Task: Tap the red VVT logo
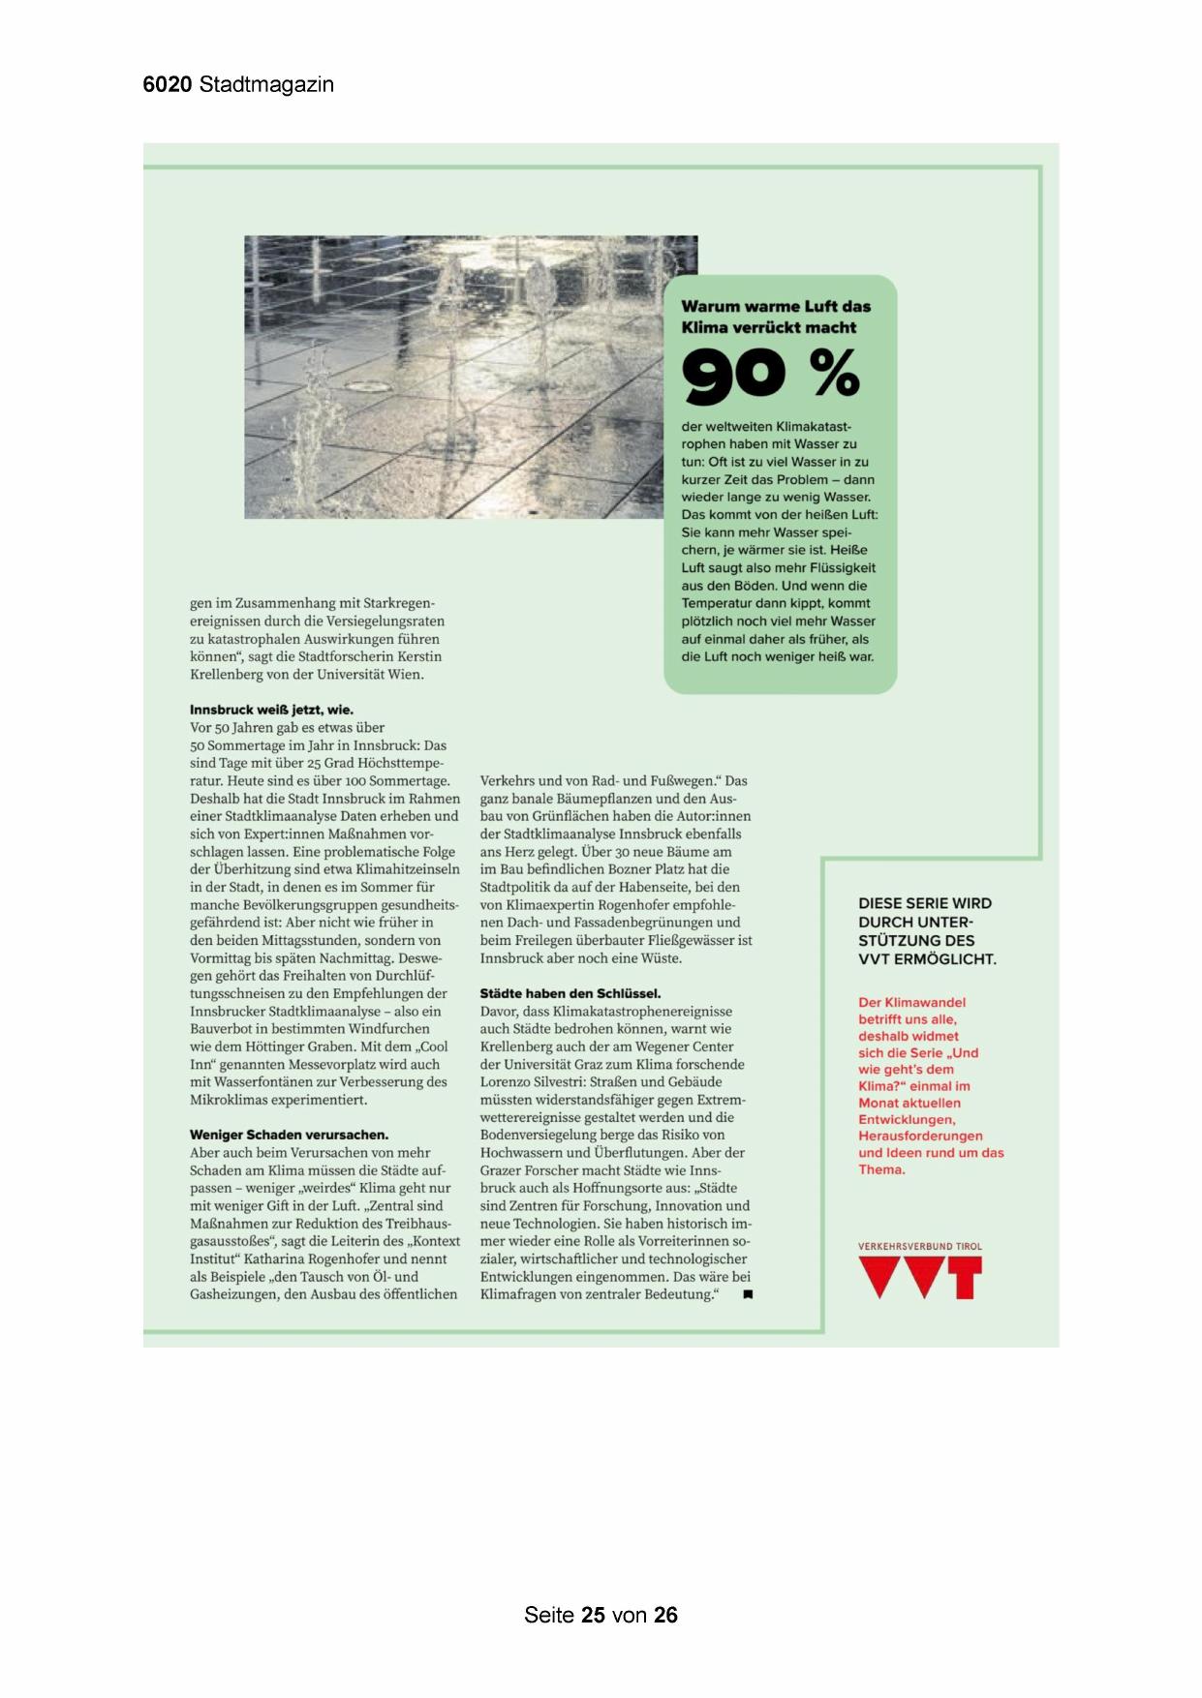(x=920, y=1277)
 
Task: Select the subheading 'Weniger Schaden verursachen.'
(x=289, y=1135)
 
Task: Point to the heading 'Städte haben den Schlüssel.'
(x=570, y=993)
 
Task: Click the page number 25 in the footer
(x=594, y=1615)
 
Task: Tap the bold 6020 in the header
(x=168, y=85)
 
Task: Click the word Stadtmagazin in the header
(x=266, y=85)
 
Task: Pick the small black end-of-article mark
(x=748, y=1294)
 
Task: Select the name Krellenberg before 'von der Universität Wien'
(x=229, y=675)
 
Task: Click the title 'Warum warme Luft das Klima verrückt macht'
(x=776, y=317)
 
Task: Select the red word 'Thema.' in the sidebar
(x=881, y=1169)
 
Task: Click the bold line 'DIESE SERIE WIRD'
(x=925, y=903)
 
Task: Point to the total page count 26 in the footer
(x=665, y=1615)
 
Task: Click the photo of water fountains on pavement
(x=455, y=378)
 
